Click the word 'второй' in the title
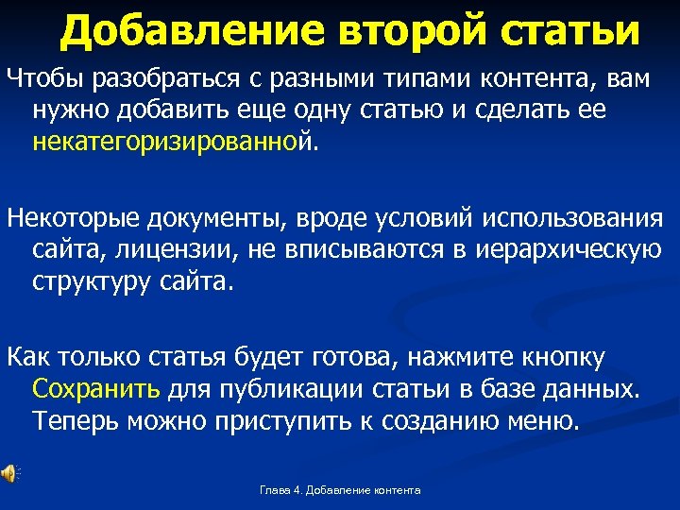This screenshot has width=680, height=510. tap(408, 30)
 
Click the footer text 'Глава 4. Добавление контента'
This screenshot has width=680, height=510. tap(340, 490)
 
